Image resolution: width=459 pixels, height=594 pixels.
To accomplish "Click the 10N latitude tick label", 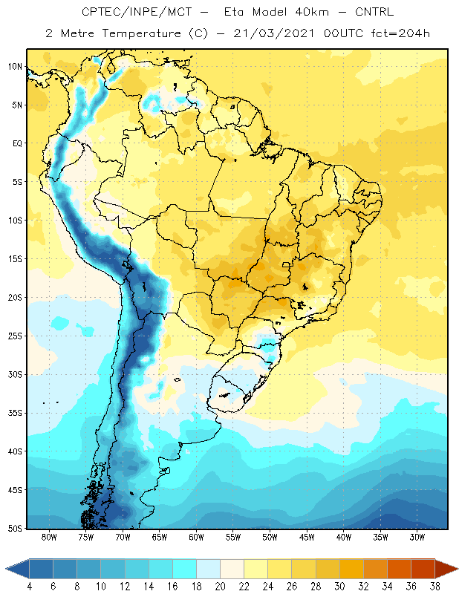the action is (15, 67).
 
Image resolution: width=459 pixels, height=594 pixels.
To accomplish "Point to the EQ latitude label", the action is (17, 143).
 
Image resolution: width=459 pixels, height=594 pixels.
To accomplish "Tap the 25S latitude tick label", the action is (15, 336).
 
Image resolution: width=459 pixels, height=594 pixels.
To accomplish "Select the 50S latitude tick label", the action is (15, 528).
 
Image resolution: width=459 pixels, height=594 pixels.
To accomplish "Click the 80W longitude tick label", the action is (49, 537).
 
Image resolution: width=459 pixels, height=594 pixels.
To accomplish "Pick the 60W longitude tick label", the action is (196, 537).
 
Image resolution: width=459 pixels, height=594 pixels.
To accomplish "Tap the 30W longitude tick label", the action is (417, 537).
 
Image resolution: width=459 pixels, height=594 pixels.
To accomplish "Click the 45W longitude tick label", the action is (307, 537).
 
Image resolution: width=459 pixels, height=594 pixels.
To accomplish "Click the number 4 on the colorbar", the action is (29, 587).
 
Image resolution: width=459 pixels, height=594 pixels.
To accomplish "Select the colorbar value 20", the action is (220, 587).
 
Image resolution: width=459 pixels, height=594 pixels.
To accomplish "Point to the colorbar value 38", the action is (434, 587).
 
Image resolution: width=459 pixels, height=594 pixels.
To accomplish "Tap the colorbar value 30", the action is (339, 587).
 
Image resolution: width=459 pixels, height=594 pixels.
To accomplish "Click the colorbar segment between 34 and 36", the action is (399, 569).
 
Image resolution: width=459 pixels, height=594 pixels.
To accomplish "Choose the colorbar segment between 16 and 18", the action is (185, 569).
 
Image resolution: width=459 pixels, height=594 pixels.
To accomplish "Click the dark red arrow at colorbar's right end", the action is (446, 569).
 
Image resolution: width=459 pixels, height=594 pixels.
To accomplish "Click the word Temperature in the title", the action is (141, 33).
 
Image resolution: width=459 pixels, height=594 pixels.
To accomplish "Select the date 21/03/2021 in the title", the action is (273, 33).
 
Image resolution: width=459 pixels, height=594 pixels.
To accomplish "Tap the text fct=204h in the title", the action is (400, 33).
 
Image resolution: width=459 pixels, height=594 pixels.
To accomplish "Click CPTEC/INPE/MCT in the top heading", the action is (137, 12).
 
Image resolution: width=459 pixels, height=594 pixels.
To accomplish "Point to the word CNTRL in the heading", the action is (374, 12).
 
